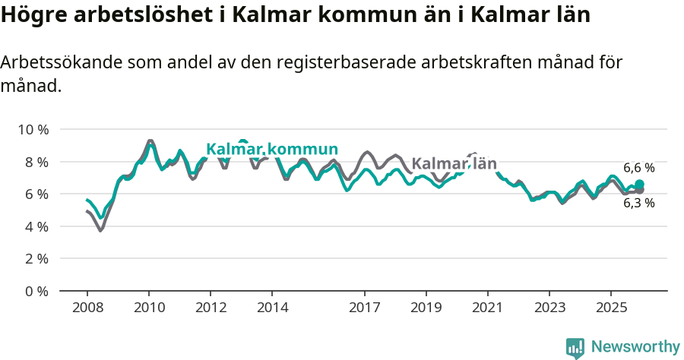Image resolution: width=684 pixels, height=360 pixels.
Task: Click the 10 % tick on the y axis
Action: tap(33, 130)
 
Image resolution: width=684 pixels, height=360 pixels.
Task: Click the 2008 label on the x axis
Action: tap(87, 308)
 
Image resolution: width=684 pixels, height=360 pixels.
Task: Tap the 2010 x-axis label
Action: tap(149, 308)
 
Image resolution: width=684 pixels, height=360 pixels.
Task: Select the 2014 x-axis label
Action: tap(272, 308)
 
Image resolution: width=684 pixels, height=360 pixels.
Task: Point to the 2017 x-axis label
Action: tap(365, 308)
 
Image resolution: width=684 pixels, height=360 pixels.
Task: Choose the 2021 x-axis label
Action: tap(488, 308)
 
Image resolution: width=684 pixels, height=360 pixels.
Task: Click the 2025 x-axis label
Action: tap(611, 308)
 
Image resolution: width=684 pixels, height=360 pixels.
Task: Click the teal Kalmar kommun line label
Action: tap(272, 149)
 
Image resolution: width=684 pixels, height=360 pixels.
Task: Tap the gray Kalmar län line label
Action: tap(454, 164)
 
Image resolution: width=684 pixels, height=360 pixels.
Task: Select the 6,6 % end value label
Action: tap(638, 168)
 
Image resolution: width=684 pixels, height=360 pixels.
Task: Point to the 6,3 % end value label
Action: tap(638, 203)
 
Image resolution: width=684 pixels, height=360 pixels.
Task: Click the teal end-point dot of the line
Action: tap(639, 185)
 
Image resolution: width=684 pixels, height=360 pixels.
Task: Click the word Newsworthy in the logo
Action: tap(635, 347)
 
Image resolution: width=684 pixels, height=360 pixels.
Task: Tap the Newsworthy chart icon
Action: tap(575, 348)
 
